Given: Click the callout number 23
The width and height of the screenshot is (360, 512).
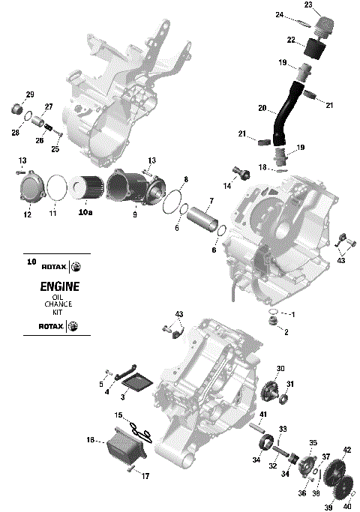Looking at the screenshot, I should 307,4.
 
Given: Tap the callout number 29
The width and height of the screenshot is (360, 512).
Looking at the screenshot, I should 30,94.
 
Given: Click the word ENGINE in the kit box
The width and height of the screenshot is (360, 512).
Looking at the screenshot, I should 54,287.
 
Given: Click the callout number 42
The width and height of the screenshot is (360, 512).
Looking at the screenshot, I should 346,451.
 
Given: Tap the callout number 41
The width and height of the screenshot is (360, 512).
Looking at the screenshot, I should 263,414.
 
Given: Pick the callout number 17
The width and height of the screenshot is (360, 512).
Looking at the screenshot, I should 145,476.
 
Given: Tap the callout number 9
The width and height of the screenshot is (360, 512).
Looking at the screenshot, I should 135,214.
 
